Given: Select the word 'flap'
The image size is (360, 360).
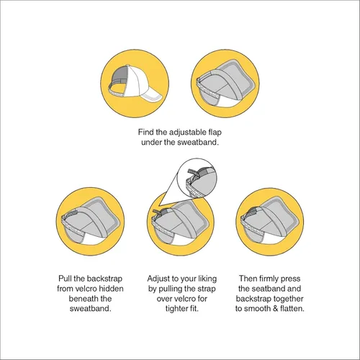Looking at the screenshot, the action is coord(215,132).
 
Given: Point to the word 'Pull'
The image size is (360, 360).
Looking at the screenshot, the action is coord(65,279).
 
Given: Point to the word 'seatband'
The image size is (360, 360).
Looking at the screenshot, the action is coord(269,289).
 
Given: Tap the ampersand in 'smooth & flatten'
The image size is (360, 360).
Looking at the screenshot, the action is coord(276,308).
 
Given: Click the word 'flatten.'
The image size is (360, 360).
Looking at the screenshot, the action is coord(292,308).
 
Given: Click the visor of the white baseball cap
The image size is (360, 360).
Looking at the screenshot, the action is coord(152,96).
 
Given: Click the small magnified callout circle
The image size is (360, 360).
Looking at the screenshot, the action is coord(197,178).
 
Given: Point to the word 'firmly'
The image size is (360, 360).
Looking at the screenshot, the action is coord(269,279).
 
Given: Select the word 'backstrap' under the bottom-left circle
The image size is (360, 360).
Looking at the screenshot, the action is coord(105,279).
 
